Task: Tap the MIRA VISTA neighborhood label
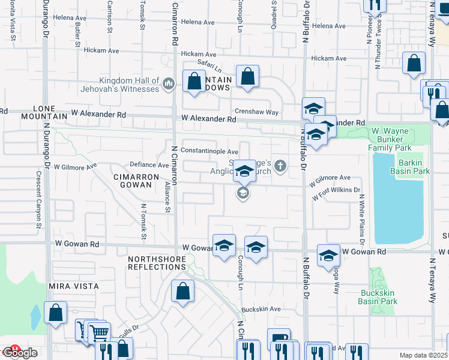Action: (74, 286)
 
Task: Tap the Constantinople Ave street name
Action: (201, 152)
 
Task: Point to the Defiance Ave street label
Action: (150, 165)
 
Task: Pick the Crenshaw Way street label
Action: (257, 112)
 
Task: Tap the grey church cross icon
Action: (279, 166)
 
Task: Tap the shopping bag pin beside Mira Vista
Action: (55, 313)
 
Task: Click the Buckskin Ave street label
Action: (261, 309)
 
